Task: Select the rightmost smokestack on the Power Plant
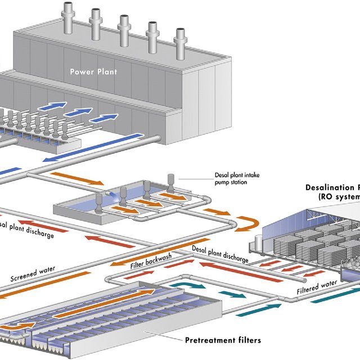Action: (x=180, y=42)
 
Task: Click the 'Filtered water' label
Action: (x=317, y=286)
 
